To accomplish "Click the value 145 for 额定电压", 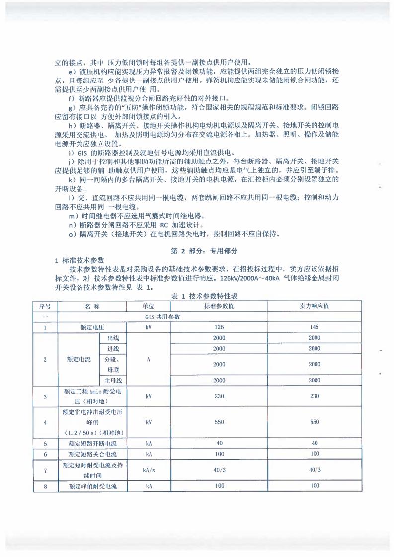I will tap(314, 327).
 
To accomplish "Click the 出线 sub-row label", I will tap(113, 338).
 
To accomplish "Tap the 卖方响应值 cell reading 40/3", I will tap(314, 469).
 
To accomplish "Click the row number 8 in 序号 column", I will tap(45, 486).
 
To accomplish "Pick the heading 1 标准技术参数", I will tap(79, 261).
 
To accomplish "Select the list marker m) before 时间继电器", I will tap(72, 216).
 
